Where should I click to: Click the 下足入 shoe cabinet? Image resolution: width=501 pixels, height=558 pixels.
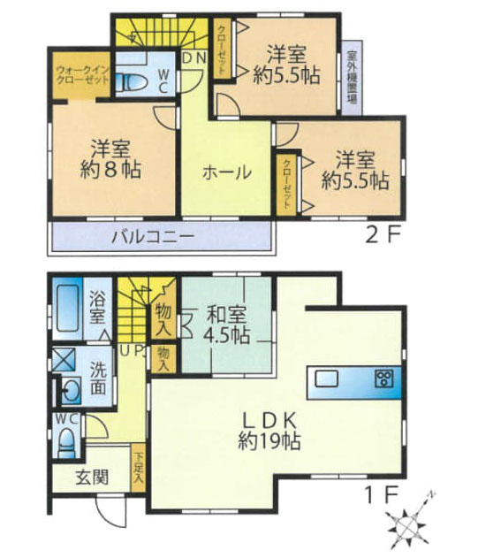pos(139,466)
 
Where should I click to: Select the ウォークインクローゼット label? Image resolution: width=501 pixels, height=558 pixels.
pos(81,74)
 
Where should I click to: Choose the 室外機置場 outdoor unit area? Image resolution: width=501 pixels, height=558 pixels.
pos(352,74)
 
